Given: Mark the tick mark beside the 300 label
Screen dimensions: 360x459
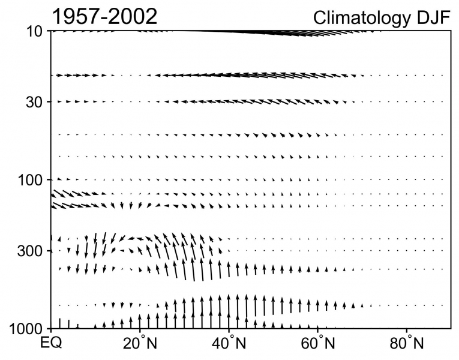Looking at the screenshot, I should coord(53,250).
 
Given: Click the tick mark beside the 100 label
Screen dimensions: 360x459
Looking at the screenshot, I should coord(53,179).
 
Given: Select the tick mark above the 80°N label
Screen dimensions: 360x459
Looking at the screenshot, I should coord(407,327).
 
